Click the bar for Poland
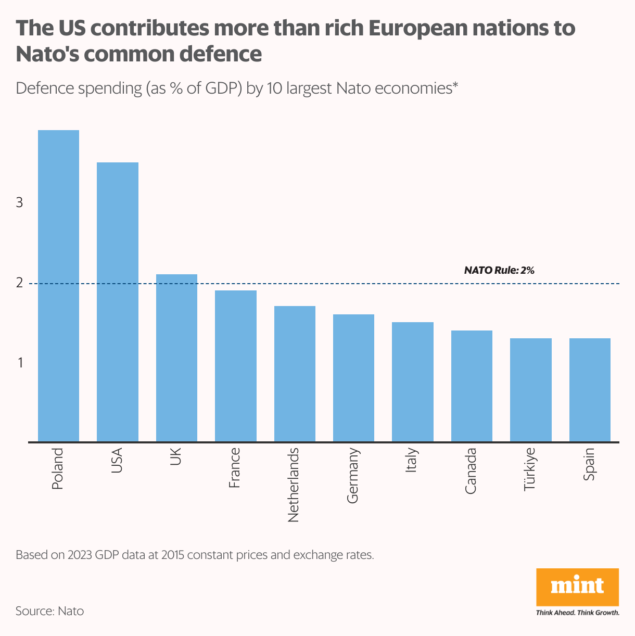pos(58,286)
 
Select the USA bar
pos(118,302)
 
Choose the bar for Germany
pos(353,378)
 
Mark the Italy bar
pos(413,382)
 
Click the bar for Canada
pos(472,386)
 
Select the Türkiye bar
pos(530,390)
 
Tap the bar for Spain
pos(590,390)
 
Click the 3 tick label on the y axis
pos(20,203)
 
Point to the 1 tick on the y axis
pos(20,363)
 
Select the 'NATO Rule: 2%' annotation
pos(499,271)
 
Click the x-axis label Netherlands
pos(294,485)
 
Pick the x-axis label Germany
pos(352,475)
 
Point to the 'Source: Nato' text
pos(49,610)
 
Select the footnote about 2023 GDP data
pos(195,555)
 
